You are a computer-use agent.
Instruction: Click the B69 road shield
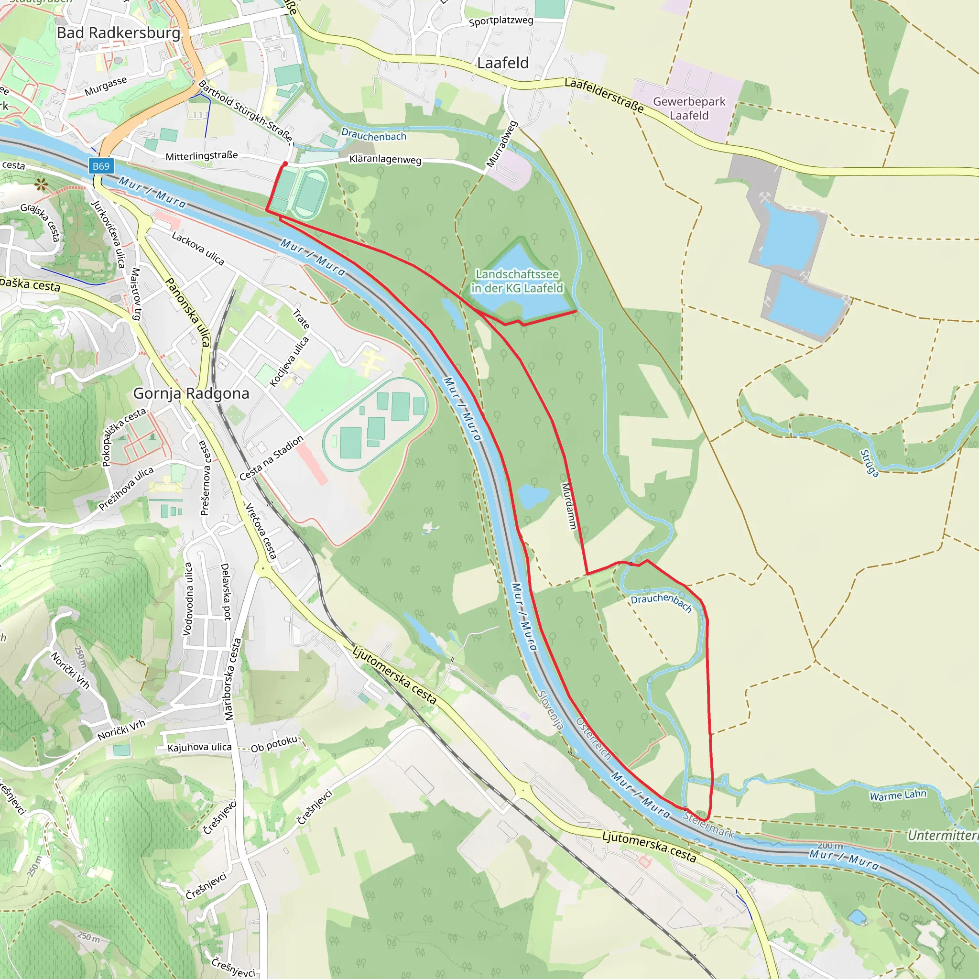click(x=101, y=166)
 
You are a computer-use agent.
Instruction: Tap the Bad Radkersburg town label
click(x=119, y=33)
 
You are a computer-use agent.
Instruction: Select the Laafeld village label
click(x=503, y=63)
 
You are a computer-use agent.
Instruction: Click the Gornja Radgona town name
click(x=191, y=393)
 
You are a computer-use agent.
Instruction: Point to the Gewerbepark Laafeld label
click(x=689, y=109)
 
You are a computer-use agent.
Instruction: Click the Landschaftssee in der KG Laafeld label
click(x=517, y=281)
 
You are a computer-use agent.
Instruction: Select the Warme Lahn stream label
click(x=897, y=795)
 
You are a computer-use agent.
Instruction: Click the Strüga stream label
click(x=870, y=463)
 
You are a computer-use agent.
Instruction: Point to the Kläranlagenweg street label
click(x=385, y=160)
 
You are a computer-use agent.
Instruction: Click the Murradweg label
click(x=501, y=144)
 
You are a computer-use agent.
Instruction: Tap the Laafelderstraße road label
click(x=604, y=95)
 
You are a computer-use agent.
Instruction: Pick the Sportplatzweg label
click(x=500, y=21)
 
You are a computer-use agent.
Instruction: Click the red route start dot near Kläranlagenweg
click(x=285, y=164)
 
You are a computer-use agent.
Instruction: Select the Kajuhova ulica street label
click(x=199, y=748)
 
